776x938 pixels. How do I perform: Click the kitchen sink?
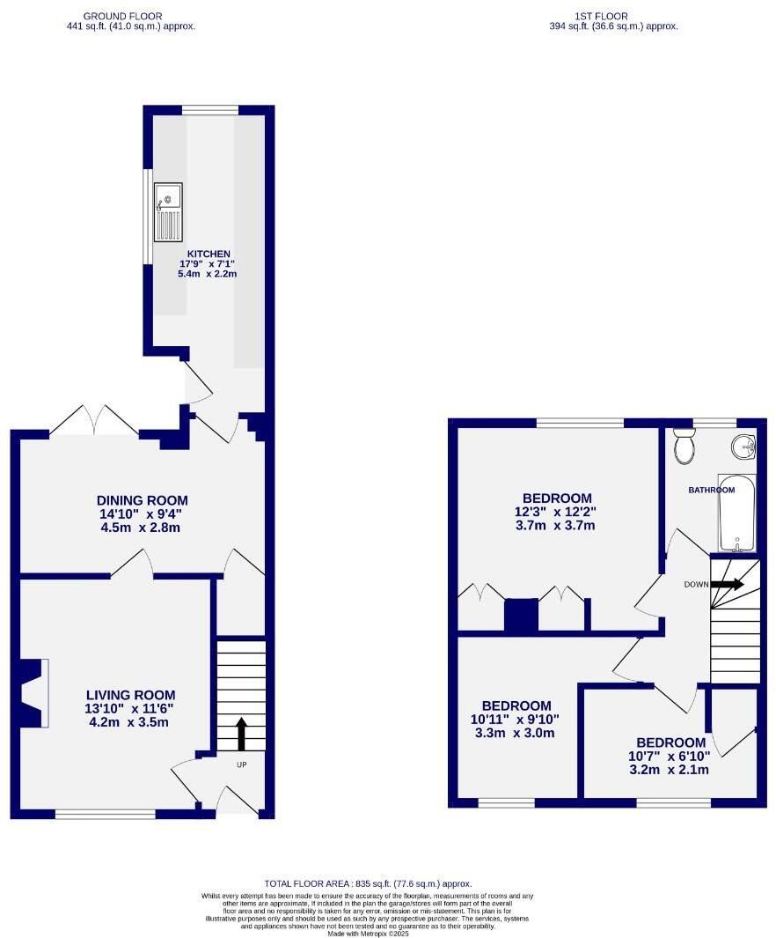point(168,211)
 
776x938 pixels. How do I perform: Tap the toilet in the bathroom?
point(684,447)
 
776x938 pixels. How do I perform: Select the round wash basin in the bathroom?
point(743,447)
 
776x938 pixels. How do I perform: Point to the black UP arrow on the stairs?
point(242,733)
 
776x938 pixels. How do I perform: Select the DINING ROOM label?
point(143,500)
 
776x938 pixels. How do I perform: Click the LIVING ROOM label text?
point(130,694)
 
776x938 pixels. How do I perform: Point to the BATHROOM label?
point(711,490)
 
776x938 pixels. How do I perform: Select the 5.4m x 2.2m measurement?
point(208,275)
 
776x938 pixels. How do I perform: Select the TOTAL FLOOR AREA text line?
point(368,883)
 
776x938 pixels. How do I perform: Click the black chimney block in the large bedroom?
point(520,615)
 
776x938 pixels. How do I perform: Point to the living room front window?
point(106,815)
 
